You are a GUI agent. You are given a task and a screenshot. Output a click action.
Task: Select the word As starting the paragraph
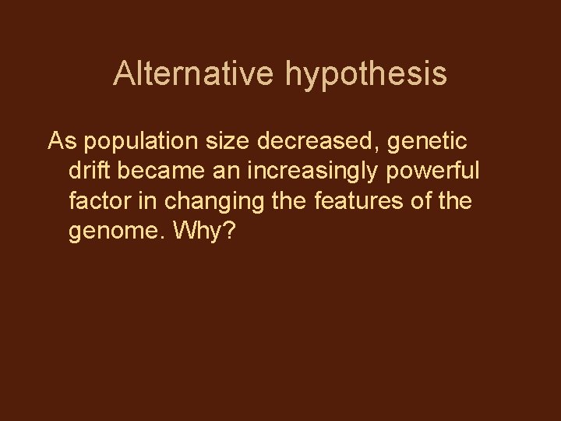[x=62, y=142]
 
